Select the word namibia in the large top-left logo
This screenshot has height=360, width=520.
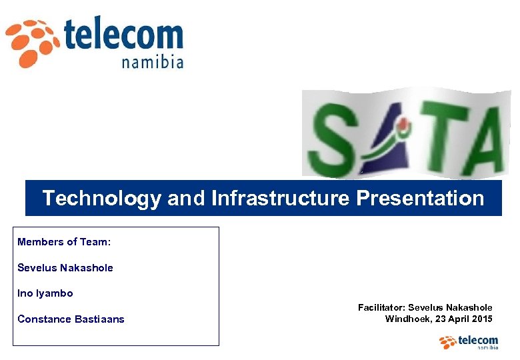click(x=153, y=63)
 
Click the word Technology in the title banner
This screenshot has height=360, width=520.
click(x=101, y=198)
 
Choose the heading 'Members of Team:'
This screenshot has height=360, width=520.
click(x=64, y=242)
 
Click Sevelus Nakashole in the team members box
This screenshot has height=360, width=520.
click(x=65, y=268)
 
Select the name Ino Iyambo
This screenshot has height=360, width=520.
click(x=45, y=293)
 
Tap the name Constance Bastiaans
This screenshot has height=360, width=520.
click(x=71, y=319)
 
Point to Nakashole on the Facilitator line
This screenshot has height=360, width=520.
click(x=467, y=307)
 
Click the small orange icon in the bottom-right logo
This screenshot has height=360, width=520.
click(x=448, y=342)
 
